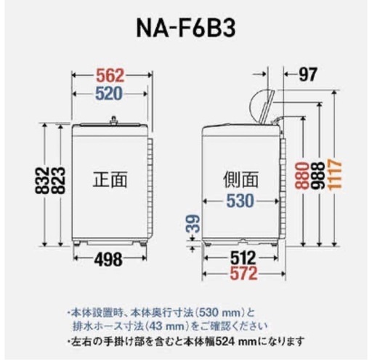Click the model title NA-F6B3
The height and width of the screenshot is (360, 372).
[186, 29]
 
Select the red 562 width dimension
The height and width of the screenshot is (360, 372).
[110, 76]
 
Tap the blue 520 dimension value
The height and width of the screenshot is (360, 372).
[109, 94]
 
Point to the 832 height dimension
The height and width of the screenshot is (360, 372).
[42, 180]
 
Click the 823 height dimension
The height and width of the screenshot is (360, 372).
[58, 180]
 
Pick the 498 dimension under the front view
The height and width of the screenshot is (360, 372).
[108, 259]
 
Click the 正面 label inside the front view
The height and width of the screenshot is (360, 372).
[110, 180]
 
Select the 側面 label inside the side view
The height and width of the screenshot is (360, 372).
[240, 180]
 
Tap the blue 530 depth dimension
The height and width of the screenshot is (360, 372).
[240, 201]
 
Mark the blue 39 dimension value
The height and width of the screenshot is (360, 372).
[194, 223]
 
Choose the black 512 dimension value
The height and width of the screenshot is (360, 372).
[243, 258]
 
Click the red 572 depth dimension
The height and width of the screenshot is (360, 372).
[243, 273]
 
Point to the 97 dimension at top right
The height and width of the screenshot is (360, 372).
[307, 74]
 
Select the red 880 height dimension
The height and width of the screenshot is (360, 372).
[302, 175]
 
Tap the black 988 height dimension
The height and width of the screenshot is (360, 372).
[318, 175]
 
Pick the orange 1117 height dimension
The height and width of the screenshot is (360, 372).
[334, 174]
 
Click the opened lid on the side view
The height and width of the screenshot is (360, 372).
[263, 107]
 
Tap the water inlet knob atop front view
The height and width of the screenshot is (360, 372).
[113, 120]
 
